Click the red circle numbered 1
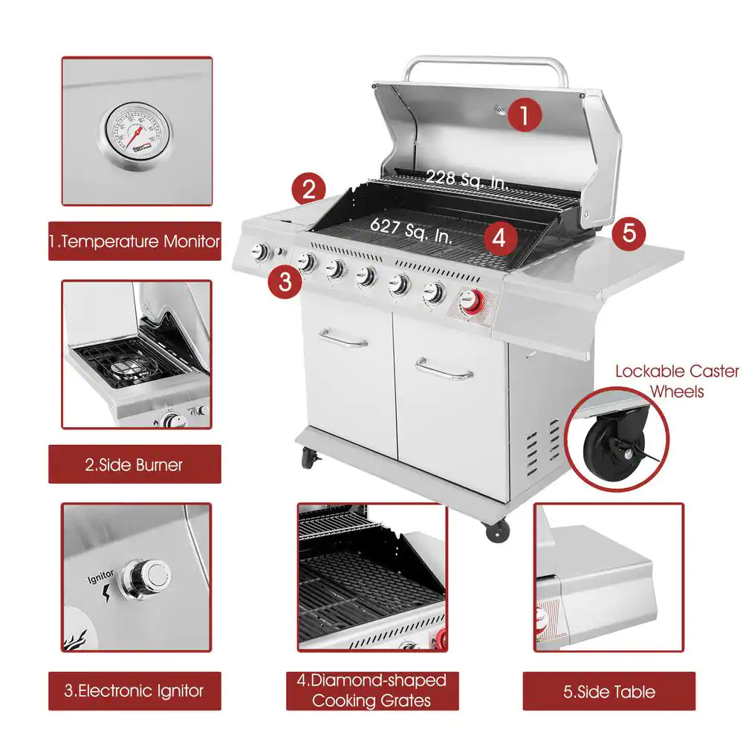[525, 116]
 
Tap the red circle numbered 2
[308, 189]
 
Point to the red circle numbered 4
[499, 239]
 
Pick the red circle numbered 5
[629, 233]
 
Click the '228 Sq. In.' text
[467, 179]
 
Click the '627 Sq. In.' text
[411, 232]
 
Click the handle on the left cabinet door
[344, 340]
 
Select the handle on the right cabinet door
[444, 369]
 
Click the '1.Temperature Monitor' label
[135, 241]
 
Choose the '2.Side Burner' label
[134, 465]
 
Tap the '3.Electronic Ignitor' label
[134, 691]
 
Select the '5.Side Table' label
[609, 692]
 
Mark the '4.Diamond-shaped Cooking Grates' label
[371, 690]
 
